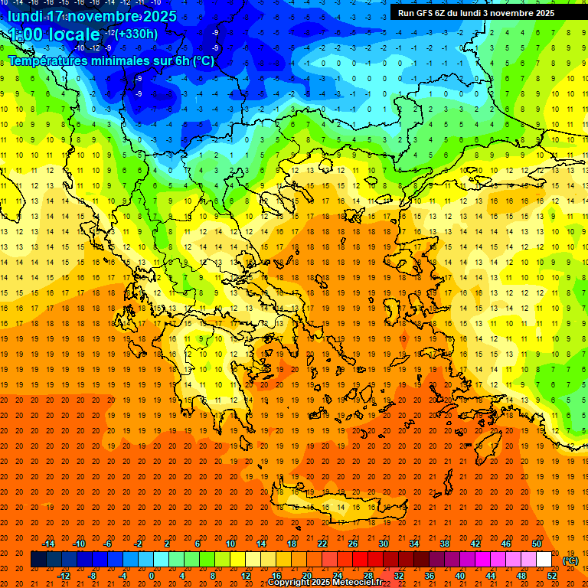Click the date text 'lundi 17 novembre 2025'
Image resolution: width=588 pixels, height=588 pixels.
click(x=93, y=16)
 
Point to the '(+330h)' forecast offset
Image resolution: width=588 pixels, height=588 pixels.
click(x=138, y=34)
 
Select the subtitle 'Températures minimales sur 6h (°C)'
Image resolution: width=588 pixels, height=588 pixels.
click(x=111, y=60)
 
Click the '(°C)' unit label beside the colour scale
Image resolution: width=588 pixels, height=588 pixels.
click(x=570, y=560)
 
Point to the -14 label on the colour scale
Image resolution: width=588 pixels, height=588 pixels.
click(x=49, y=544)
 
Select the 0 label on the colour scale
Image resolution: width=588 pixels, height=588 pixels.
click(x=152, y=576)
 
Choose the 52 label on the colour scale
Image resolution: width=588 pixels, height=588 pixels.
click(x=552, y=576)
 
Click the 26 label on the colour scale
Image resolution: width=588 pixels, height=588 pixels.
click(x=353, y=544)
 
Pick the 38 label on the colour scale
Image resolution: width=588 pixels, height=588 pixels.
click(x=444, y=544)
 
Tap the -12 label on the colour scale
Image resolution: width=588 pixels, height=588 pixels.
click(x=64, y=576)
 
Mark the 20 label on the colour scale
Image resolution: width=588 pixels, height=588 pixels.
click(x=306, y=576)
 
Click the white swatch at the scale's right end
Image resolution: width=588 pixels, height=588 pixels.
click(x=544, y=560)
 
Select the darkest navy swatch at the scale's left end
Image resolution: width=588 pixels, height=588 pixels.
click(x=38, y=560)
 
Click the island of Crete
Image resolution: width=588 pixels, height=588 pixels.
click(x=337, y=505)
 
